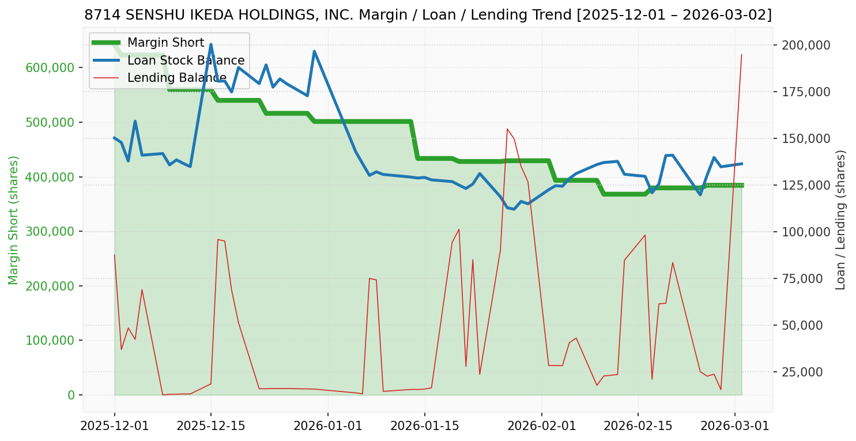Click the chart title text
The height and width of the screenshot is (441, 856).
428,14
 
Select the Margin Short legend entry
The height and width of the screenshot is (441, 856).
165,43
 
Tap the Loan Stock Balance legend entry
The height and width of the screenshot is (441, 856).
186,61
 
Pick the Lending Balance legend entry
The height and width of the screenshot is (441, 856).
176,78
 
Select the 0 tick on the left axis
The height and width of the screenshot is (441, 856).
71,395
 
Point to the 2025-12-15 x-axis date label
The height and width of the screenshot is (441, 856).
210,427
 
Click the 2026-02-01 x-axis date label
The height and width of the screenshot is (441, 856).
542,427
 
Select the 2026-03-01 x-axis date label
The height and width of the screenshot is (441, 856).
734,427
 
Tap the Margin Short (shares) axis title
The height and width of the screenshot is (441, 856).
13,220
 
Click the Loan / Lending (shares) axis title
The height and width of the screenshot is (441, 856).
841,220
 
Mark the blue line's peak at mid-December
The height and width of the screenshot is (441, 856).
210,44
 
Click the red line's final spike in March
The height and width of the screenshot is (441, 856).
741,55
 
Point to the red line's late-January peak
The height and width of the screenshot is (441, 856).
507,129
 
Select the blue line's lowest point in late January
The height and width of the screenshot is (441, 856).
514,209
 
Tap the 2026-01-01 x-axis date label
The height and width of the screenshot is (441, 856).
327,427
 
